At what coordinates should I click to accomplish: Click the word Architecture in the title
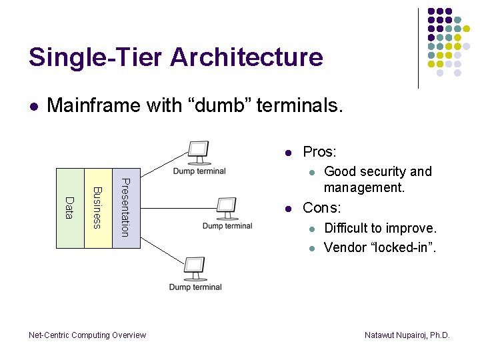[247, 57]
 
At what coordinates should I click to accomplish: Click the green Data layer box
[70, 208]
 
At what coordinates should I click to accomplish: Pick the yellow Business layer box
[98, 208]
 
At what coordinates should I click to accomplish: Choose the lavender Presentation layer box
[126, 208]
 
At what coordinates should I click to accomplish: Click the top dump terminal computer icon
[199, 152]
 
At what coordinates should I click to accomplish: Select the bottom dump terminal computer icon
[195, 269]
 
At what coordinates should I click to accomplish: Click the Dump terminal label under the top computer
[199, 171]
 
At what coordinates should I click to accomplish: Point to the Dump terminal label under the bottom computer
[195, 287]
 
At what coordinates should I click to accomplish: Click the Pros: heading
[320, 152]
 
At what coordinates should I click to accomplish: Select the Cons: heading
[321, 208]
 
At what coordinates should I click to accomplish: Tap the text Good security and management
[377, 179]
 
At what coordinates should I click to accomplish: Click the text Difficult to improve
[380, 229]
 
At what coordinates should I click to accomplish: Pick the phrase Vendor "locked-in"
[380, 247]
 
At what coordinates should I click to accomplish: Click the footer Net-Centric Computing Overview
[87, 335]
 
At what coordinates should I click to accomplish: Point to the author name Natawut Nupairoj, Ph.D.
[407, 335]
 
